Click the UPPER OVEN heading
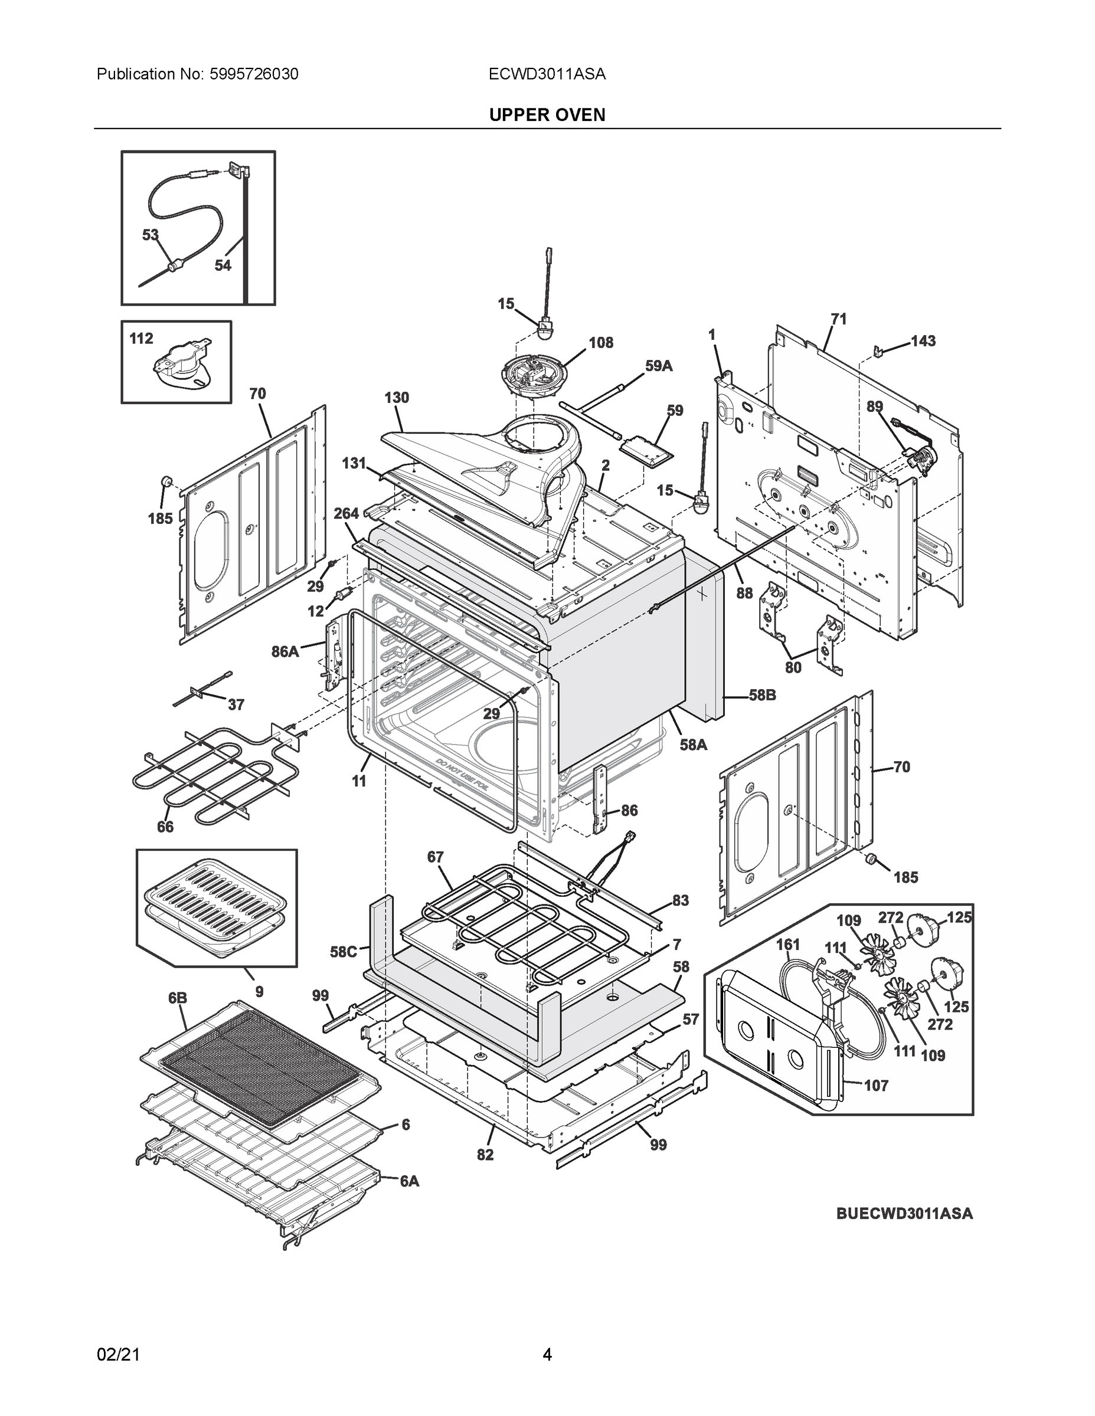547,115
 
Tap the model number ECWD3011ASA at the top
547,74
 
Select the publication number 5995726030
254,74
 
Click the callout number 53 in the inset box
151,235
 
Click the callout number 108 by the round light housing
601,342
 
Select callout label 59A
658,366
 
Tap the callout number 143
923,341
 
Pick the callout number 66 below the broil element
165,827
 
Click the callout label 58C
343,952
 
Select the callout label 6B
178,998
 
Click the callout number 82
485,1154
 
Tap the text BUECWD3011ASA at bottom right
904,1214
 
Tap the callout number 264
347,513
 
